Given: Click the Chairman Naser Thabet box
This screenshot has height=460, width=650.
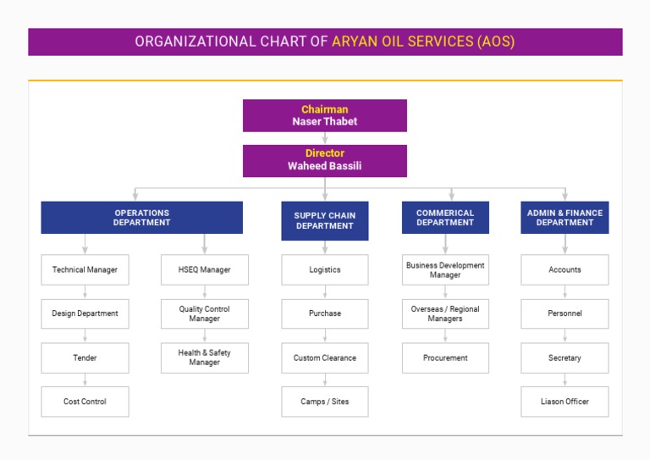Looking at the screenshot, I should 324,115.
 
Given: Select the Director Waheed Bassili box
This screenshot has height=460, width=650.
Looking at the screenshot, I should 324,160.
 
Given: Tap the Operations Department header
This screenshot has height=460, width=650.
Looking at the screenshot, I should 141,218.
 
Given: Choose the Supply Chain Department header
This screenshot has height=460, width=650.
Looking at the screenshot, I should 324,221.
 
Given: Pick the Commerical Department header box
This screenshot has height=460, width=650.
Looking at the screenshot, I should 445,218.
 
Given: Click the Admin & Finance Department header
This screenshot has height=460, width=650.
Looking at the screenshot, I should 565,218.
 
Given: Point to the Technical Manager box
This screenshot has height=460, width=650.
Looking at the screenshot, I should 85,269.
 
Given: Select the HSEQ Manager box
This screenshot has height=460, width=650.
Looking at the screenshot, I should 205,269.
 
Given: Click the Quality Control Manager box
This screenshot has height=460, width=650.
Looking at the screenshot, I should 205,313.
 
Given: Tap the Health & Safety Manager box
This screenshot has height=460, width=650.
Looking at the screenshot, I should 205,357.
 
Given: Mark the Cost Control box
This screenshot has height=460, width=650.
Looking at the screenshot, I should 85,402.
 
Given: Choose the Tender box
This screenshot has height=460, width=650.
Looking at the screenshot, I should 85,357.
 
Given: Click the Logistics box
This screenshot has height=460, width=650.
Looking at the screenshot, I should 324,269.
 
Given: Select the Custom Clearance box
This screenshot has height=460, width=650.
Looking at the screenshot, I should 324,357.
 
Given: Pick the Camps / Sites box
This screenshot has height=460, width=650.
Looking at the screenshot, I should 324,402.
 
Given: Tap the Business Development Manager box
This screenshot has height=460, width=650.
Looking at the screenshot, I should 445,269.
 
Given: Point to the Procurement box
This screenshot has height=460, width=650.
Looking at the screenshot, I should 445,357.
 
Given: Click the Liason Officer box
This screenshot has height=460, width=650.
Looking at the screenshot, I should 565,402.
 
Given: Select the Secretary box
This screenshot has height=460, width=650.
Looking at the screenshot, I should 565,357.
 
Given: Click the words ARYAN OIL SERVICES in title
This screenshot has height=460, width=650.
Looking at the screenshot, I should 401,42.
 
